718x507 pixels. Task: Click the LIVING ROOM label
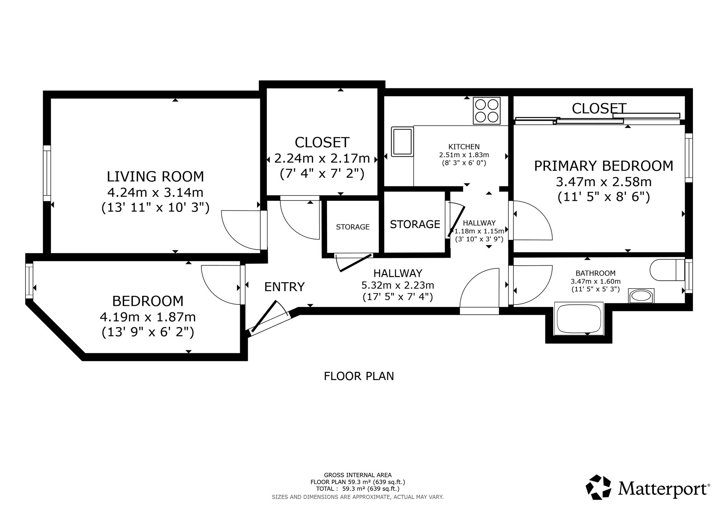click(155, 177)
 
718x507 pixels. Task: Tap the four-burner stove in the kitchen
click(486, 111)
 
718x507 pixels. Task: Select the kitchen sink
click(402, 142)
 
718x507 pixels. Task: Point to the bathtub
click(579, 319)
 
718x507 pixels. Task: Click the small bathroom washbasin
click(641, 296)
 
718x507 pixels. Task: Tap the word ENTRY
click(284, 287)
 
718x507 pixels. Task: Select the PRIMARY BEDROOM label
click(604, 166)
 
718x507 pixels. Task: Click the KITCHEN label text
click(464, 147)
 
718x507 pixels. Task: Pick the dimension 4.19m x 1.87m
click(148, 317)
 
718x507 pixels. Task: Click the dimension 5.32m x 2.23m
click(398, 285)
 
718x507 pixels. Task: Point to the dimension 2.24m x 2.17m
click(322, 158)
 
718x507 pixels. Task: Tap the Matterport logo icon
click(598, 487)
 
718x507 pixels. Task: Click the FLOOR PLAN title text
click(359, 376)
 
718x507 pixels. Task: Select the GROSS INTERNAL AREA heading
click(358, 475)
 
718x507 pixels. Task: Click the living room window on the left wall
click(47, 173)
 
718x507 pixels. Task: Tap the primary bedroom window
click(689, 158)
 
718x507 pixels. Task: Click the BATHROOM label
click(596, 273)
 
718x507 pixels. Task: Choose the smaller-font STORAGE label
click(353, 227)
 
